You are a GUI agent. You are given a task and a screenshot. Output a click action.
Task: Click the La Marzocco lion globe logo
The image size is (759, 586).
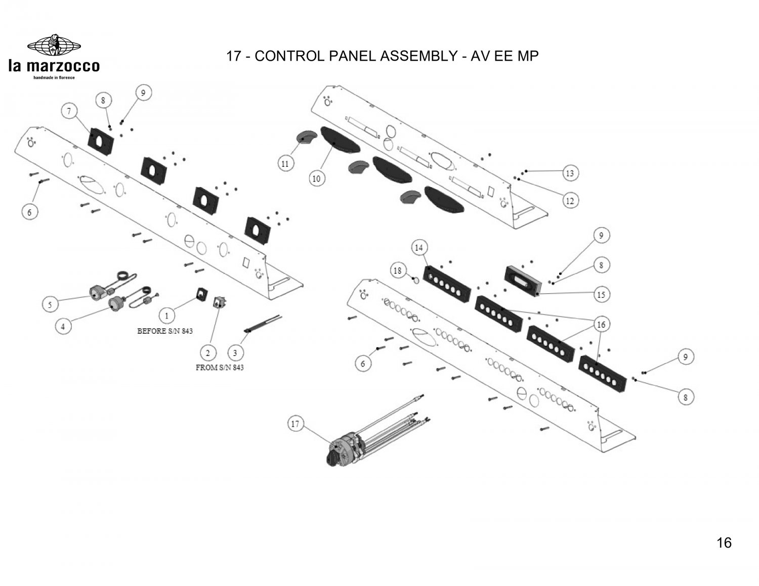[54, 46]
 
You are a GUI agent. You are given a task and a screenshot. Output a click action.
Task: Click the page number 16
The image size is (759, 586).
[724, 543]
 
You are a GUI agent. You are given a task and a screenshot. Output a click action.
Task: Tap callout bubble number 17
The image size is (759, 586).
[296, 424]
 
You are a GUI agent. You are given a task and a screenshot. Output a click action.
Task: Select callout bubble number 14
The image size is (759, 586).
[419, 248]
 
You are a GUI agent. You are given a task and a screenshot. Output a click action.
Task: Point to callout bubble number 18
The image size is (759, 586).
[398, 271]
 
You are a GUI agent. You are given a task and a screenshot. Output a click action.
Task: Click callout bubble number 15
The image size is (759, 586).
[601, 294]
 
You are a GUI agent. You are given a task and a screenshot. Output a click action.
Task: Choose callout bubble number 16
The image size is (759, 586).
[601, 325]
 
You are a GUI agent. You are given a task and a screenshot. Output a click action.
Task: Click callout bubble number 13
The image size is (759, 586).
[570, 173]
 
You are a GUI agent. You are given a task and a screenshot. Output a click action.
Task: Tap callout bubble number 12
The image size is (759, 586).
[570, 201]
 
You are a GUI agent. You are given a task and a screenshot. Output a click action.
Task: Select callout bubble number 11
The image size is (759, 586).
[285, 163]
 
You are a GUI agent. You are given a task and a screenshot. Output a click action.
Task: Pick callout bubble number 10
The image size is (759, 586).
[316, 178]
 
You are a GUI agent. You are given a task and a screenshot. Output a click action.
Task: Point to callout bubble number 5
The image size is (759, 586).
[50, 305]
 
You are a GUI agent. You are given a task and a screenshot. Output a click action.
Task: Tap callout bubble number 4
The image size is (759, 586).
[63, 327]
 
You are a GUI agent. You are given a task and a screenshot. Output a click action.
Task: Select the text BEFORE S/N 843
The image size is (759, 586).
[165, 331]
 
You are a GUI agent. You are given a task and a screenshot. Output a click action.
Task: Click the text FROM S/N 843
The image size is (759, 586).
[220, 368]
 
